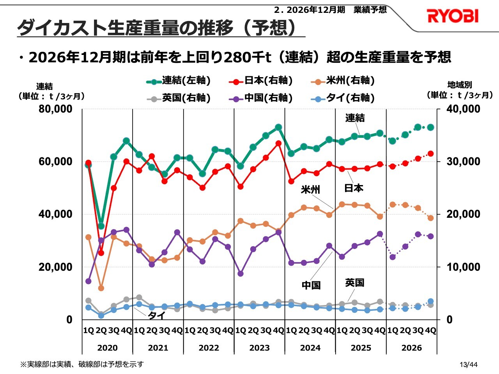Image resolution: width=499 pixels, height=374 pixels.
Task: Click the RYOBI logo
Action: point(452,16)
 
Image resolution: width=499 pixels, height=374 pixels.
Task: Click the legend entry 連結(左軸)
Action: point(179,81)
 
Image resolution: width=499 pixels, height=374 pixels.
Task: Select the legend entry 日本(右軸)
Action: point(261,81)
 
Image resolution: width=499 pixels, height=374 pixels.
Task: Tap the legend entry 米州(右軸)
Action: point(343,81)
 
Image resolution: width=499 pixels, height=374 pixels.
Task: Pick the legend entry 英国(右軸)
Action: point(179,98)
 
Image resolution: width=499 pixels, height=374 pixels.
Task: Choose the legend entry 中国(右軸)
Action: point(261,98)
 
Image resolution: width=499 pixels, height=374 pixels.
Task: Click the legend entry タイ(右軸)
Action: point(343,98)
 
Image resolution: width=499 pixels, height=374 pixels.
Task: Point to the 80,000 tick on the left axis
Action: point(56,109)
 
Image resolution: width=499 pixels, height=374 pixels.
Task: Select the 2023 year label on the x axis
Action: point(259,348)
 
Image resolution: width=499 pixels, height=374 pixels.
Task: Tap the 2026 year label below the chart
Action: point(411,348)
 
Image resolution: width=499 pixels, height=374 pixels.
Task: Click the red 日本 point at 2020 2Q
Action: point(101,253)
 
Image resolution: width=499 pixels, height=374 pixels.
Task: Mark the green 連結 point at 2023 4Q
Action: point(278,127)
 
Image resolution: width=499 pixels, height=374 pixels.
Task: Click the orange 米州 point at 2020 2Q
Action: point(101,288)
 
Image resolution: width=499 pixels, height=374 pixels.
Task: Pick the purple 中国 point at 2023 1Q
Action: point(241,273)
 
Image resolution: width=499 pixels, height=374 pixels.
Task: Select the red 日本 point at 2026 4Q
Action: point(430,153)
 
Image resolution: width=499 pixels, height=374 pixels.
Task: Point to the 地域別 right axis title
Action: point(459,85)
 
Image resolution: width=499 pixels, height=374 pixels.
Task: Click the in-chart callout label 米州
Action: point(310,190)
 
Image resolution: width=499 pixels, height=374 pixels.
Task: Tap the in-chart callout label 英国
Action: point(354,282)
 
